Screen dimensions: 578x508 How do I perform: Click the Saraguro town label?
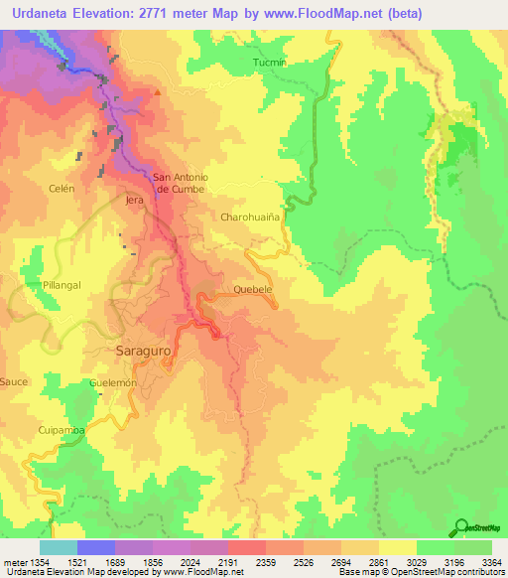pos(143,352)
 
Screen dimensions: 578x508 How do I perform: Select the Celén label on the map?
pos(62,187)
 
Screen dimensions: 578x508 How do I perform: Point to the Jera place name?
pos(136,200)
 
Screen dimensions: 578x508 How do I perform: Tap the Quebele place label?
pos(252,289)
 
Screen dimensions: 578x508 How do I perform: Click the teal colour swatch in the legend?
pos(58,547)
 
